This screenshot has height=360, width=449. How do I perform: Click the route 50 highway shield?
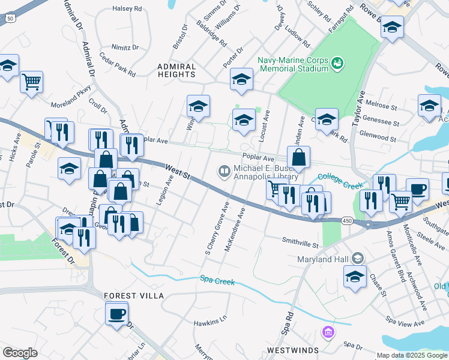click(x=11, y=19)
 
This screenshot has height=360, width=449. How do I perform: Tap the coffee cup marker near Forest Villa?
click(x=117, y=313)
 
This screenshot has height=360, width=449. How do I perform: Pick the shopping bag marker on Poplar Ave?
click(x=298, y=158)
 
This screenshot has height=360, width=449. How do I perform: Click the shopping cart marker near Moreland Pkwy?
click(x=31, y=82)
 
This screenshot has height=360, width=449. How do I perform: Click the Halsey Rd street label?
click(x=127, y=9)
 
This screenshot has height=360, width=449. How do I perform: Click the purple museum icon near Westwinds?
click(x=328, y=332)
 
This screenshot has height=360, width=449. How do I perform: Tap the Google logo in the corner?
click(x=20, y=353)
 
